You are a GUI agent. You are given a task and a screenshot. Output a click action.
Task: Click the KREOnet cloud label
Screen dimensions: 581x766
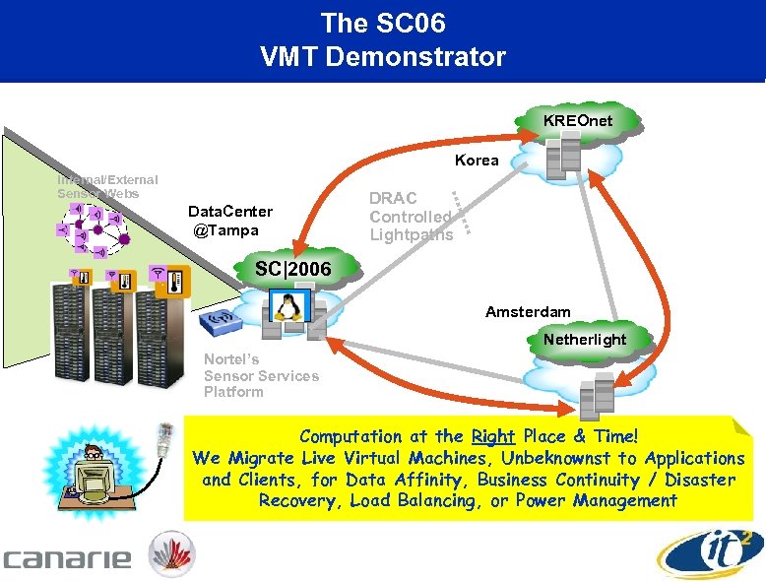(577, 120)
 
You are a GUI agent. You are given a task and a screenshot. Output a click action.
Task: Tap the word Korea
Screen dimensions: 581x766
(477, 160)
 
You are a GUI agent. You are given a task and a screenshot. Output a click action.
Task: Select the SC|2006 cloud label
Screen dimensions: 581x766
(292, 269)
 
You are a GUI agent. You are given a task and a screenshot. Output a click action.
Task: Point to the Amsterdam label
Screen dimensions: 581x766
(528, 312)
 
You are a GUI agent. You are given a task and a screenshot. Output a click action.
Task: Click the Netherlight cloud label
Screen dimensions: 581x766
(584, 340)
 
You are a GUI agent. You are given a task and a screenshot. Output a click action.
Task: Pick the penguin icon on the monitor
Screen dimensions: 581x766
(287, 307)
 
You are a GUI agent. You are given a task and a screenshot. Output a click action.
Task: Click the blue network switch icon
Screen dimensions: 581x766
(219, 322)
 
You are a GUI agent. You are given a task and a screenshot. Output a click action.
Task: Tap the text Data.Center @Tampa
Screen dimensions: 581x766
(230, 221)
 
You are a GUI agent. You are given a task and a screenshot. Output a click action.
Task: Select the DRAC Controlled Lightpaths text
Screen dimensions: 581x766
(411, 217)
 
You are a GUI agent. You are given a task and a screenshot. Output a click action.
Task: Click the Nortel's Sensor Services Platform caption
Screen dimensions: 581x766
(261, 375)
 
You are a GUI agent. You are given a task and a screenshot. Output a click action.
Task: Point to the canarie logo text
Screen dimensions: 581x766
(67, 558)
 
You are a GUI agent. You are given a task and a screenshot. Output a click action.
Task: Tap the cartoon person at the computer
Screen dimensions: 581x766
(93, 470)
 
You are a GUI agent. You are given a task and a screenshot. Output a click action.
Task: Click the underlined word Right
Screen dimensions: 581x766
(493, 436)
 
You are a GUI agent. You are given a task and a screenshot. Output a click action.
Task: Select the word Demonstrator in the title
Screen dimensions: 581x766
(423, 57)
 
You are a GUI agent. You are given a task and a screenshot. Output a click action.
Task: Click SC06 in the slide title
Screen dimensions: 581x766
(409, 22)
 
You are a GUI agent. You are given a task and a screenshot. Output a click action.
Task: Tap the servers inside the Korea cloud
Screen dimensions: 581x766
(565, 159)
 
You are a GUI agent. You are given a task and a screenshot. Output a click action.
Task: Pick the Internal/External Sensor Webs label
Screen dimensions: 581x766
(106, 186)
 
